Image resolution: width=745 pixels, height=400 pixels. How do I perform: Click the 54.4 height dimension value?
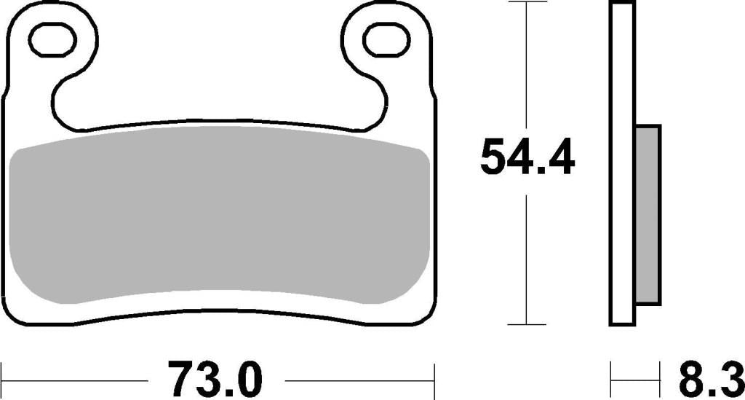[527, 157]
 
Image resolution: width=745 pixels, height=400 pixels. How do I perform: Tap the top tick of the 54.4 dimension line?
[526, 3]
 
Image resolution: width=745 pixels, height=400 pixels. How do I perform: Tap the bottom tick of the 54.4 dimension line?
[526, 324]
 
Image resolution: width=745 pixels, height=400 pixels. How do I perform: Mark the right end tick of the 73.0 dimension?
[434, 380]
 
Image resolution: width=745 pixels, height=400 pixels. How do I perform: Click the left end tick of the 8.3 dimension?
[611, 380]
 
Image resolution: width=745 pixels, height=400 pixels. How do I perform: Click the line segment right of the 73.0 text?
[360, 380]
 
